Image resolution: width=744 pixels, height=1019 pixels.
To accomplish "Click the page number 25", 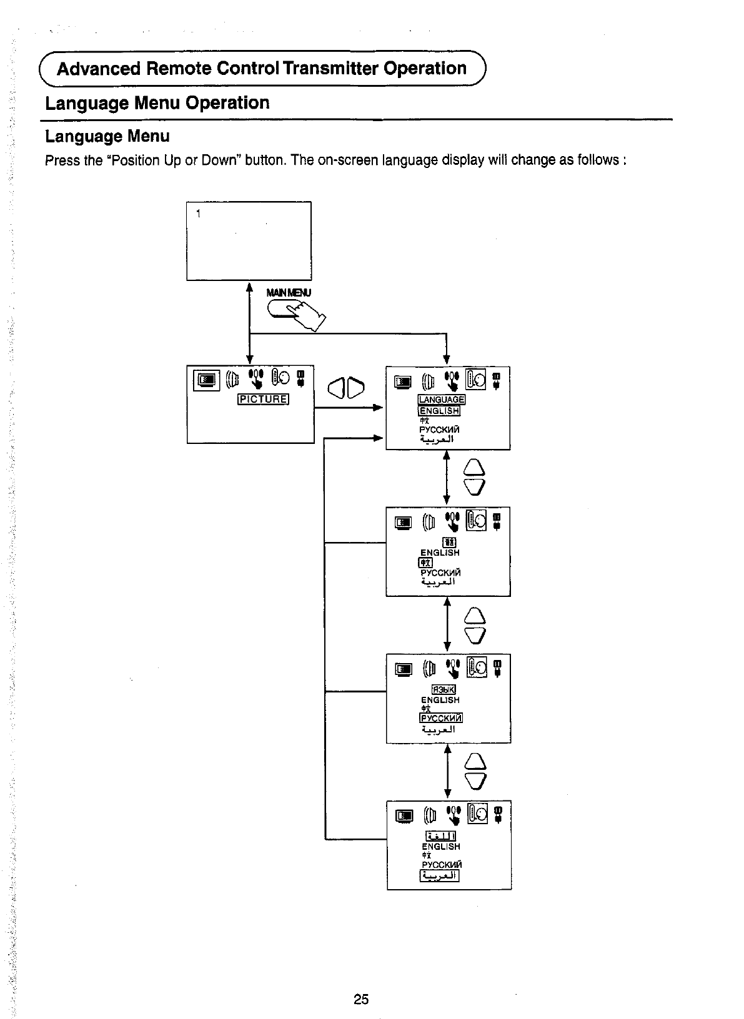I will pos(361,999).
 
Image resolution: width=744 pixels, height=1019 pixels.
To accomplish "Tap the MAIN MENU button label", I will pos(288,292).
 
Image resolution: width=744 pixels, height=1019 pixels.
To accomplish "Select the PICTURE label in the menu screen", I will pos(263,400).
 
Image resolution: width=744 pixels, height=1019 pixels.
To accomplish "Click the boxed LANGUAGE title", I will pos(442,400).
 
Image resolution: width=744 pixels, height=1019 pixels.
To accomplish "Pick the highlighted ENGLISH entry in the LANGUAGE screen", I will pos(439,410).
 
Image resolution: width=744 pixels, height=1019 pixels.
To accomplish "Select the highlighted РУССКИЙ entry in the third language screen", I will pos(441,718).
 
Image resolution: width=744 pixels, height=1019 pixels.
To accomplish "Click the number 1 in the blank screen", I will pos(198,214).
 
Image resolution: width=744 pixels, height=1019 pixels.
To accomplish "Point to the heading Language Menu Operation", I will pos(157,102).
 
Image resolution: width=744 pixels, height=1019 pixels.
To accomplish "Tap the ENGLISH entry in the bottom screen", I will pos(441,847).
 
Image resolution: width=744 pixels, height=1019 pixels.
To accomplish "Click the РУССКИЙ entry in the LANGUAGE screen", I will pos(439,430).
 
